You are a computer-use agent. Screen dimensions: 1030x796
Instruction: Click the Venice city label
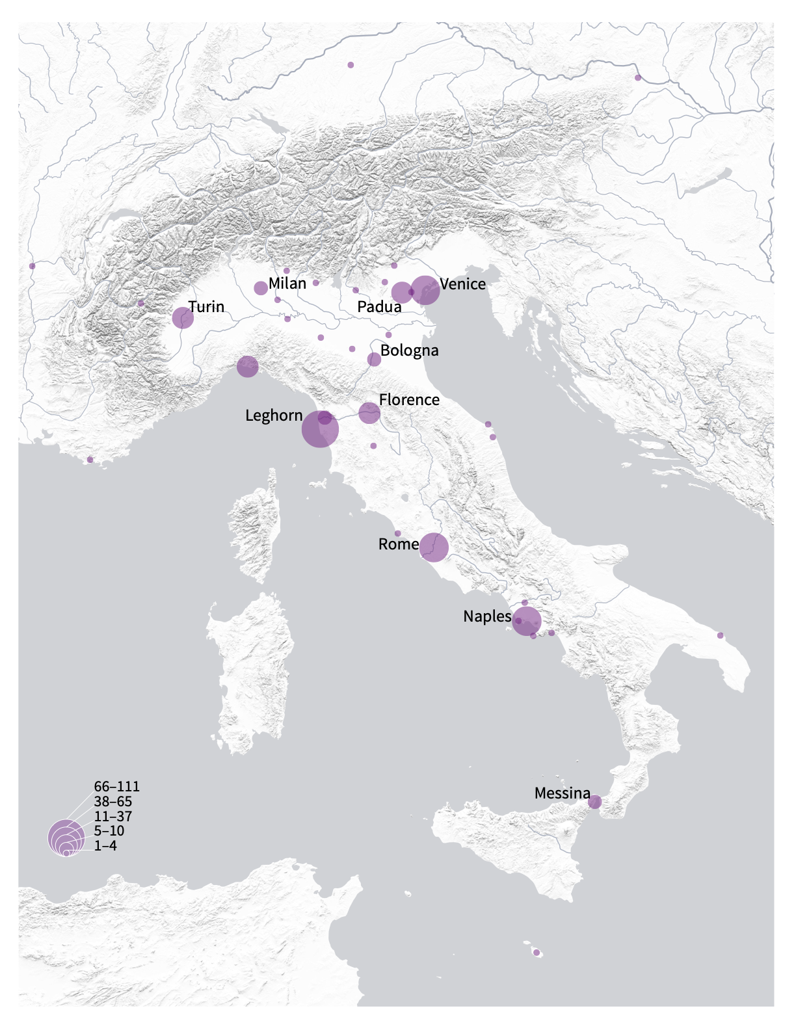[x=462, y=284]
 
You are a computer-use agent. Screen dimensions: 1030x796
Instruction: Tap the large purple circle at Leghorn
[x=320, y=429]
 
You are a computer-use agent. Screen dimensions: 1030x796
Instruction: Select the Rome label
[x=398, y=544]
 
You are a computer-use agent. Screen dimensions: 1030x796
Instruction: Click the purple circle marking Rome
[x=434, y=548]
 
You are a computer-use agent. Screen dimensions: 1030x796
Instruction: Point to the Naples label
[x=487, y=616]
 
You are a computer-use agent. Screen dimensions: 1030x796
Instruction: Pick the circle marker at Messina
[x=594, y=802]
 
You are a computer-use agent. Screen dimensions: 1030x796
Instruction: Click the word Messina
[x=562, y=793]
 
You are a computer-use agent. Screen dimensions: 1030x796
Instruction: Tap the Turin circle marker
[x=183, y=318]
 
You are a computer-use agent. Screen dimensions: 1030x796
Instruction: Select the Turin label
[x=206, y=306]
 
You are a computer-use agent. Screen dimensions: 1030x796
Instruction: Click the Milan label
[x=287, y=283]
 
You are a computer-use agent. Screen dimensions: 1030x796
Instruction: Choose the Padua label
[x=379, y=306]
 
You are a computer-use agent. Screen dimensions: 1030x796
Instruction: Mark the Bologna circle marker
[x=374, y=360]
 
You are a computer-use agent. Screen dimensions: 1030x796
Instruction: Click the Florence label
[x=409, y=399]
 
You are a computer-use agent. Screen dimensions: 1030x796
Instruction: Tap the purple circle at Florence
[x=369, y=413]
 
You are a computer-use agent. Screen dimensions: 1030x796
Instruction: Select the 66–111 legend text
[x=116, y=787]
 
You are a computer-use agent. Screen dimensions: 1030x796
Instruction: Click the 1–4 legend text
[x=105, y=846]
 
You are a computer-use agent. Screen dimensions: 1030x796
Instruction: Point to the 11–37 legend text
[x=113, y=817]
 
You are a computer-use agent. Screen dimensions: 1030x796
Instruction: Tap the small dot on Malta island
[x=537, y=953]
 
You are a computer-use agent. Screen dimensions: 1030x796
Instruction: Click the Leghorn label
[x=274, y=416]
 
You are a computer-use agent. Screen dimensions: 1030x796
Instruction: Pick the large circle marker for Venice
[x=425, y=290]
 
